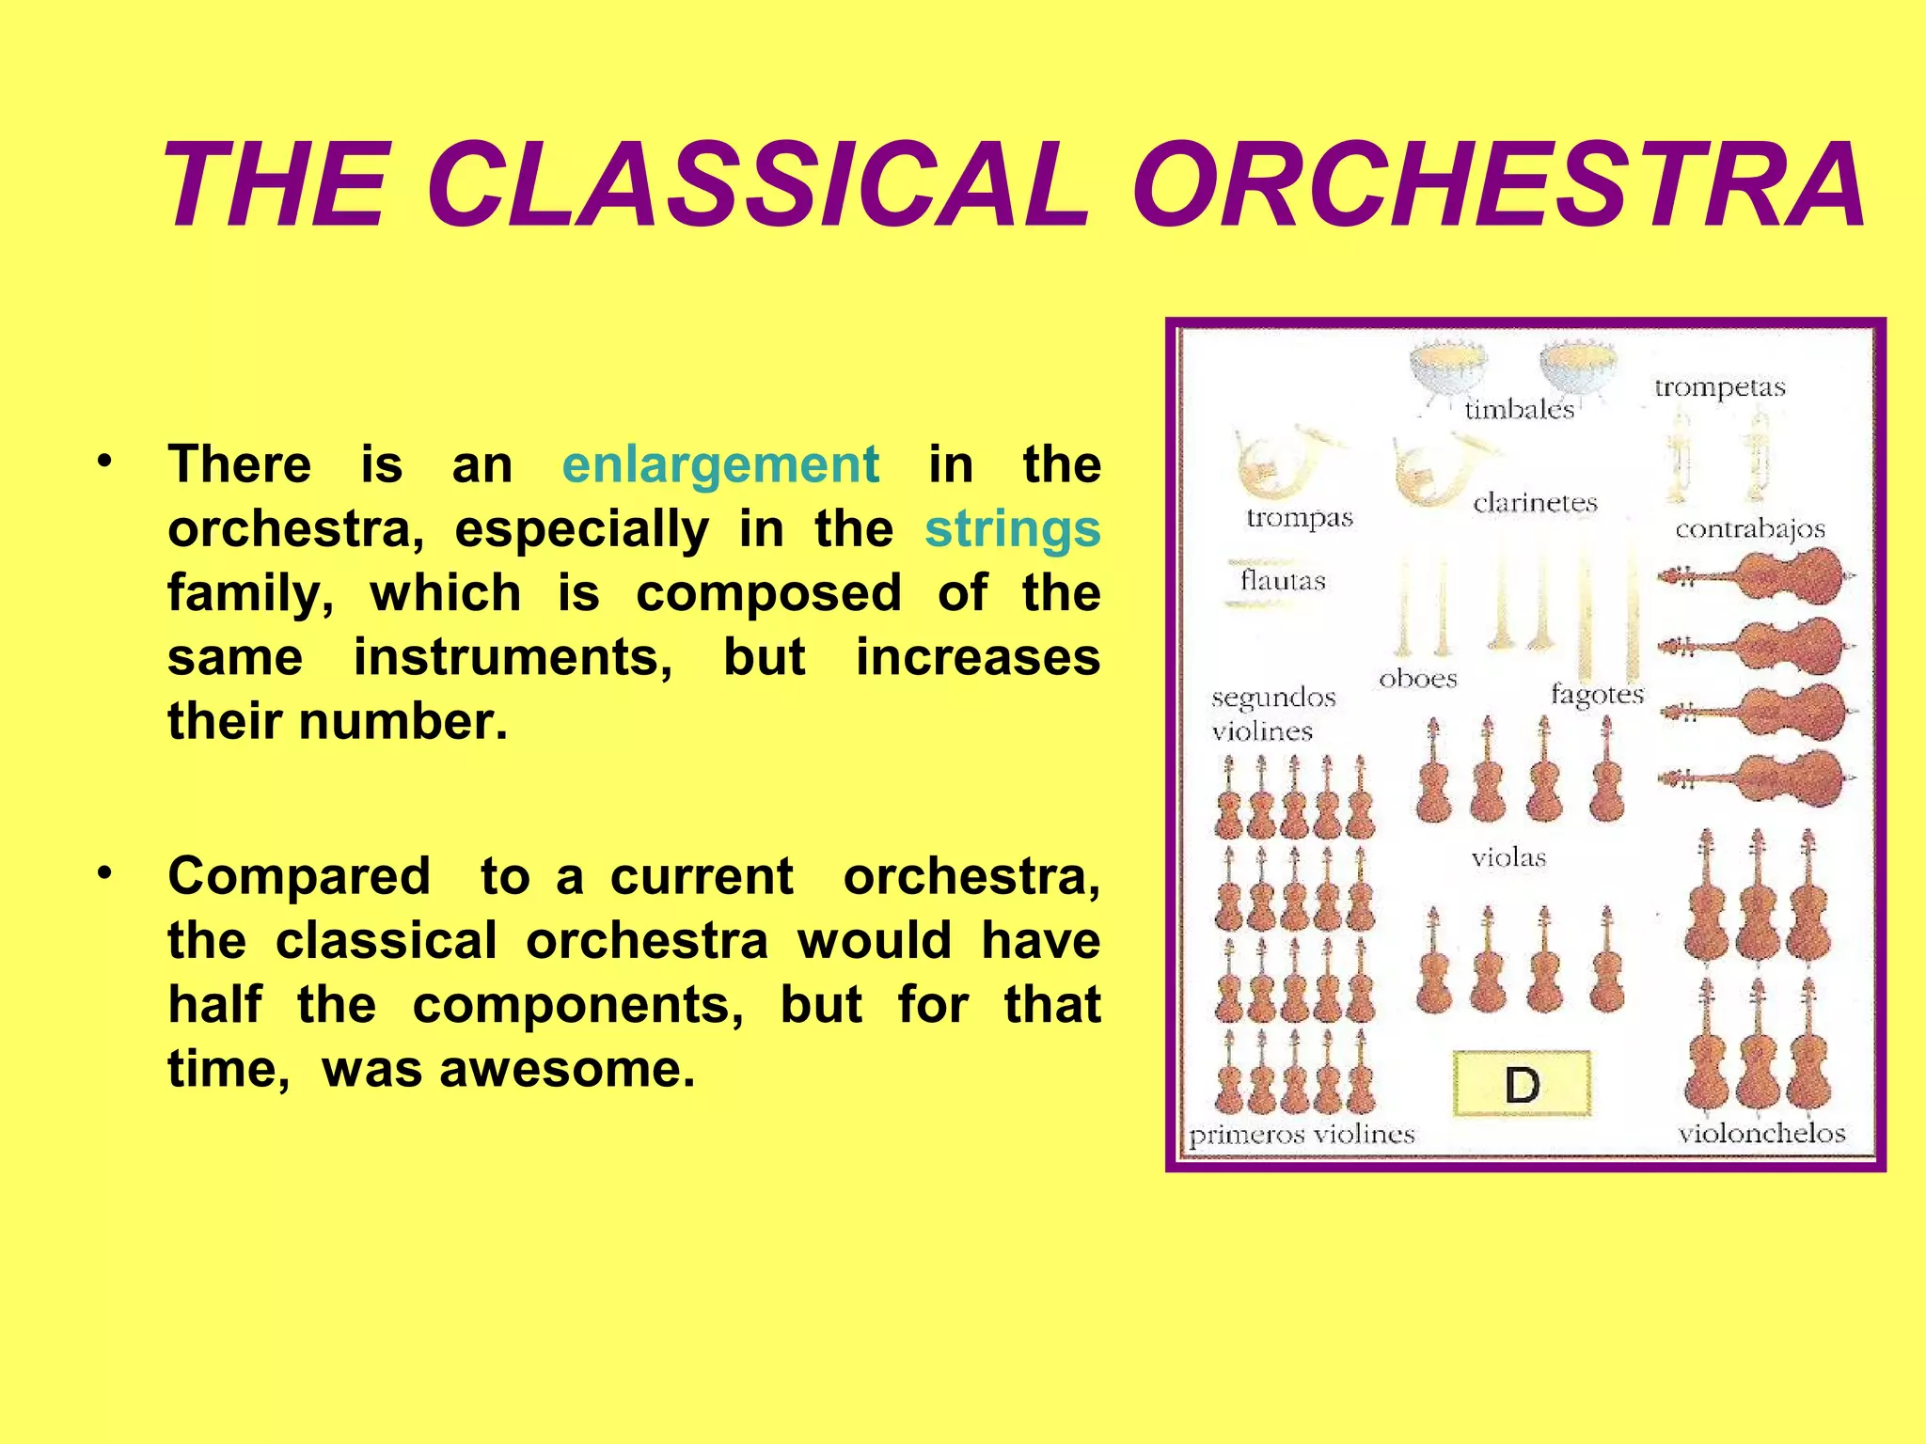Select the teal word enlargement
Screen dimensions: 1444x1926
pos(720,464)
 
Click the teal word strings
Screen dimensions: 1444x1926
pos(1012,528)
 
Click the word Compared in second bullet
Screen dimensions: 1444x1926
pos(299,876)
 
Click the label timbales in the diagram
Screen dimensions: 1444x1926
pos(1519,409)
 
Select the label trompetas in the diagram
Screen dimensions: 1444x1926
pos(1719,387)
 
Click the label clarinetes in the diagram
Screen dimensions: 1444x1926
pos(1535,503)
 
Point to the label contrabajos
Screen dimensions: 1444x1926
pos(1749,529)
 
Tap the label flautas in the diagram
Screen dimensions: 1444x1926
pos(1282,580)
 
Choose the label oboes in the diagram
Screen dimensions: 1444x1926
pos(1417,679)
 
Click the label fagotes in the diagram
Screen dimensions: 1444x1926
pos(1596,695)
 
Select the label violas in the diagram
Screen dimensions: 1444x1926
pos(1508,857)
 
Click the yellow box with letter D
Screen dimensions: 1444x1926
pos(1521,1084)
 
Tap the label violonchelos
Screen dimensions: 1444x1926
pos(1761,1133)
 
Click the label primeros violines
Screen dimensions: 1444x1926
pos(1302,1135)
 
